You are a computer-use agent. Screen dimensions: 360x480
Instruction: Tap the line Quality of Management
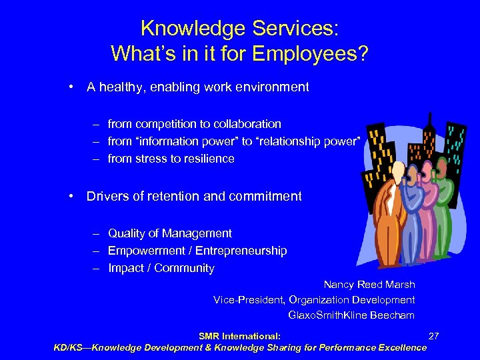click(170, 233)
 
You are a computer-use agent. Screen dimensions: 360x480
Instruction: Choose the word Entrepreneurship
click(245, 251)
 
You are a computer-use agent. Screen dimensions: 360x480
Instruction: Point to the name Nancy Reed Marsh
click(369, 285)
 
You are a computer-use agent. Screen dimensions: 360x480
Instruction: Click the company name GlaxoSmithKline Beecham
click(351, 315)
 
